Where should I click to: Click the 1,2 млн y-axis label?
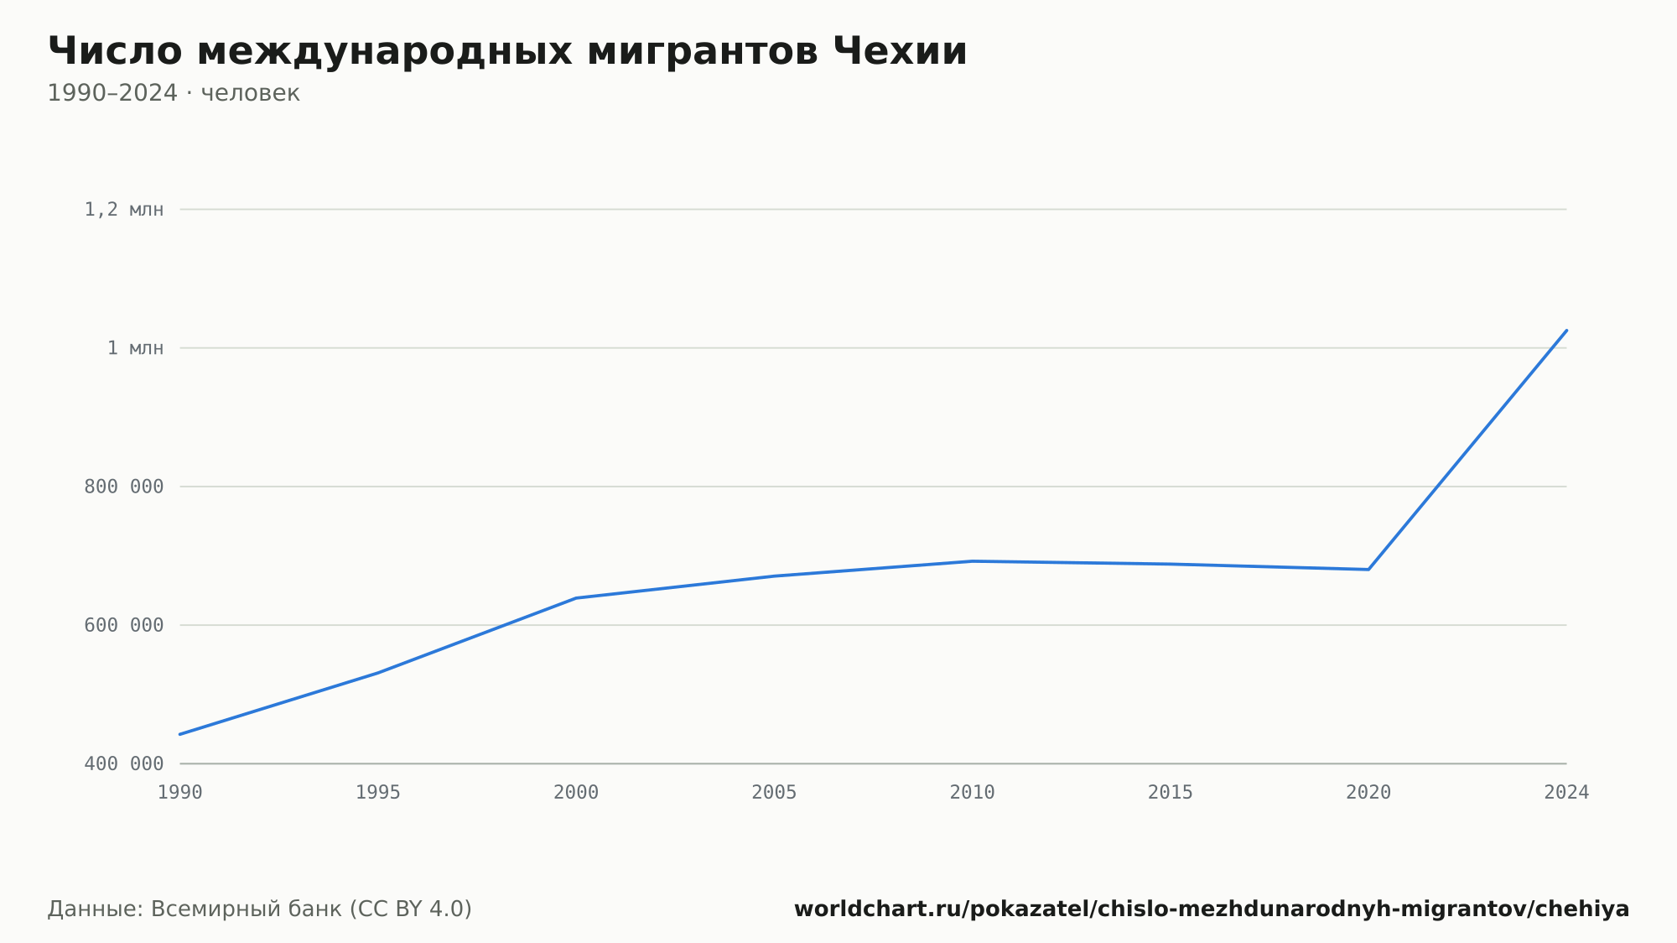[124, 210]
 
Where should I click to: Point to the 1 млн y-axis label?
[136, 348]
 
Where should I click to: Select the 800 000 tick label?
[124, 487]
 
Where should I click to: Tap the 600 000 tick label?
[124, 625]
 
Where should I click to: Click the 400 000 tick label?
[124, 763]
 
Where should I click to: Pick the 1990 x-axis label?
[180, 792]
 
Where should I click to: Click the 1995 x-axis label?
[378, 792]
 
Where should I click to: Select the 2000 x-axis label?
[576, 792]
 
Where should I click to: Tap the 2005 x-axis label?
[774, 792]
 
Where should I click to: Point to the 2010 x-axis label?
[973, 792]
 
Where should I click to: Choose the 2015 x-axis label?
[1171, 792]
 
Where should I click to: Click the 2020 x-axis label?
[1368, 792]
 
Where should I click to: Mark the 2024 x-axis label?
[1566, 792]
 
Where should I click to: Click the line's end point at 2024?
[1566, 331]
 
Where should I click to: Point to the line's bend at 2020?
[1368, 570]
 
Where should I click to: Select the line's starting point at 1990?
[180, 734]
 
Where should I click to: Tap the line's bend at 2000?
[576, 598]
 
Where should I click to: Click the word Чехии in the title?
[900, 51]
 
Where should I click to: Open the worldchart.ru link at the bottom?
[1212, 909]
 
